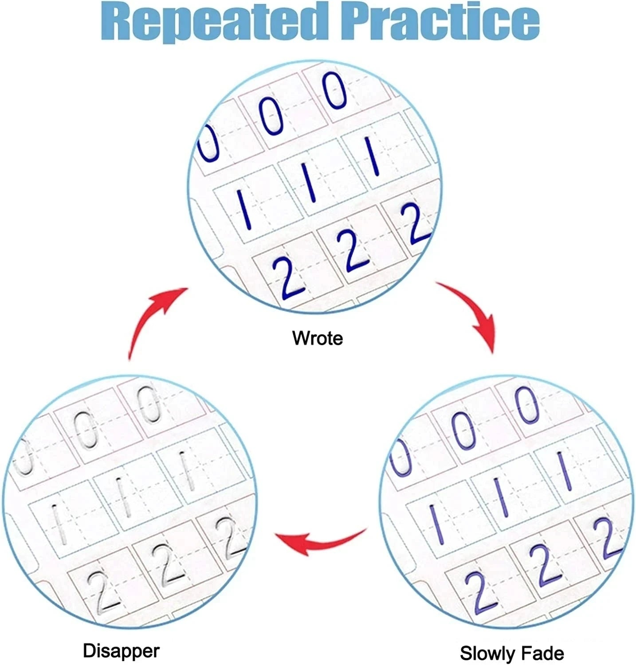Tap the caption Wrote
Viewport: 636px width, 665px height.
click(x=318, y=338)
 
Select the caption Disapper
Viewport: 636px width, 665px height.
click(x=121, y=651)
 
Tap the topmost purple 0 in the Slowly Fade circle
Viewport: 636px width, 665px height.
click(x=527, y=404)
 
